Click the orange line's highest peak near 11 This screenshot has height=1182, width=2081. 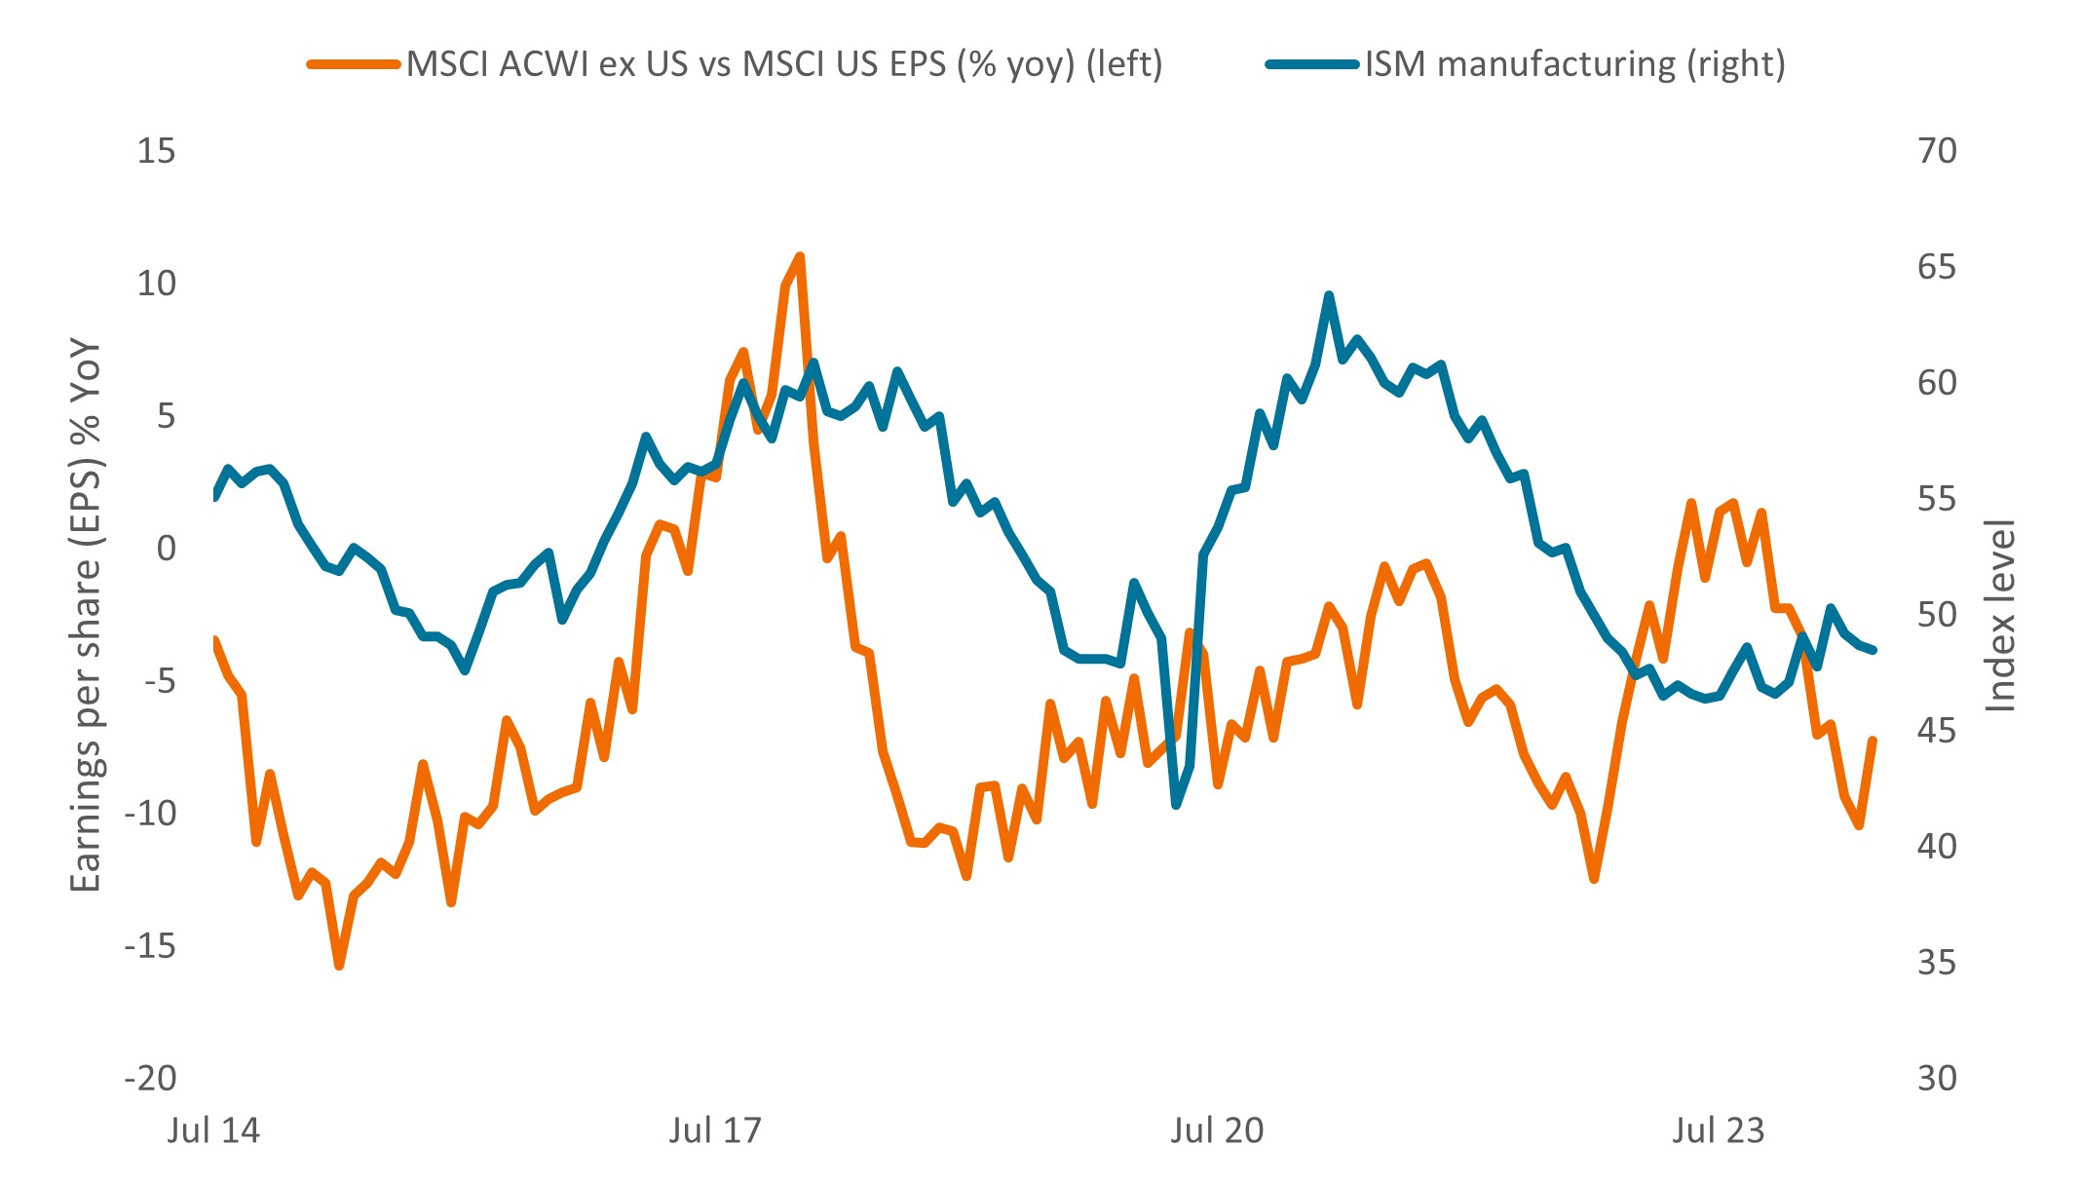(x=800, y=257)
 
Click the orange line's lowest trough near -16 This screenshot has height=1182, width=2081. (x=339, y=965)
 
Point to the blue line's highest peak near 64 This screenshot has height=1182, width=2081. (x=1329, y=295)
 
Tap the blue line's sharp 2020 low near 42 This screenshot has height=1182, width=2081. (x=1177, y=805)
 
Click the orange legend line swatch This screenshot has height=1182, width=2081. (x=353, y=65)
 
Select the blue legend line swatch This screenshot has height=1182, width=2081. (x=1311, y=65)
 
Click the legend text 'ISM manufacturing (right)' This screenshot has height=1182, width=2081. (x=1574, y=65)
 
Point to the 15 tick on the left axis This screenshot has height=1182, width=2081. (x=156, y=151)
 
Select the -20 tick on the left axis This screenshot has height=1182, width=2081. (x=150, y=1078)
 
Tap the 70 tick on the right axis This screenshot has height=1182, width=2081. (x=1937, y=151)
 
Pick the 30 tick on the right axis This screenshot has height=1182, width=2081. (x=1937, y=1078)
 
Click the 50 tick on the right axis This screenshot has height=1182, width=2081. (x=1937, y=615)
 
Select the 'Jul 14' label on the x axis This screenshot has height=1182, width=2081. (x=213, y=1130)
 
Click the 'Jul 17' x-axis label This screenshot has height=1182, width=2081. (x=715, y=1130)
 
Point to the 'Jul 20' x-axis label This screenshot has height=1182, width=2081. (x=1217, y=1130)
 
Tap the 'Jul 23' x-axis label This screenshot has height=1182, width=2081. (x=1719, y=1130)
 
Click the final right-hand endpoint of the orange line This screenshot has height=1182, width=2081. (x=1873, y=741)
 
